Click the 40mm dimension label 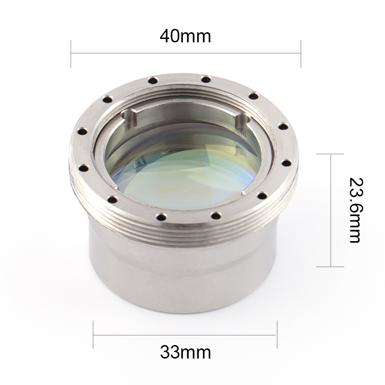(x=185, y=37)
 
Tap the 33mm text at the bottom (x=185, y=352)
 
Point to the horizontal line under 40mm (x=186, y=53)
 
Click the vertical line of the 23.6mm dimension (x=331, y=210)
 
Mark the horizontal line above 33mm (x=184, y=334)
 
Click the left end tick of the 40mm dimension (x=71, y=54)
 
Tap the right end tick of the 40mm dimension (x=301, y=54)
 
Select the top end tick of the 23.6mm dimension (x=330, y=154)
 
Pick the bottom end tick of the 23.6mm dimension (x=330, y=267)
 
